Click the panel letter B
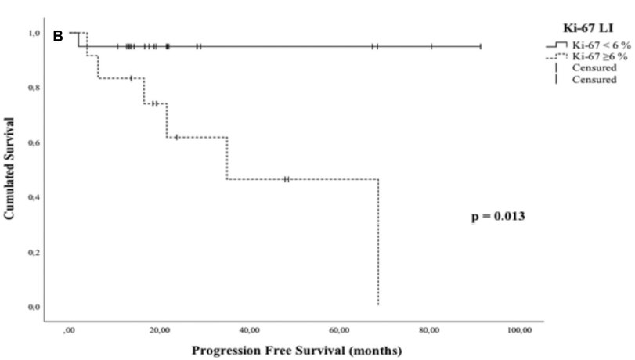pos(57,35)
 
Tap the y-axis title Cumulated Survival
pos(12,168)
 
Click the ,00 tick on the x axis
pos(70,332)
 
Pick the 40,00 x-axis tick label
pos(250,332)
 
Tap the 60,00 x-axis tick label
pos(340,332)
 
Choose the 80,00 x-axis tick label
pos(430,332)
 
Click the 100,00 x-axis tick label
pos(520,332)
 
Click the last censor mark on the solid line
pos(480,47)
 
